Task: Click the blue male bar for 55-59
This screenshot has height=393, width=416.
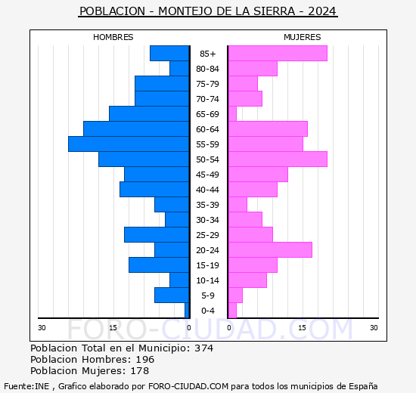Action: (129, 144)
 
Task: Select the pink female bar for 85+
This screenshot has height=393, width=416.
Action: (278, 54)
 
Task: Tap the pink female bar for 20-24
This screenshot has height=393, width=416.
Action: (270, 250)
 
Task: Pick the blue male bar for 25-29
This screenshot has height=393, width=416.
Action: (157, 235)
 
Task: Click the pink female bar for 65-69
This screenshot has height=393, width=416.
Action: (232, 114)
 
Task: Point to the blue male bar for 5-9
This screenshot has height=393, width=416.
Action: (172, 296)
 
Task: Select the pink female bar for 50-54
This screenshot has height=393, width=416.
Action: (278, 159)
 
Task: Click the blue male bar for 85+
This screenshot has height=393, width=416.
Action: (169, 54)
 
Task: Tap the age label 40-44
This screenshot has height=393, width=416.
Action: (208, 190)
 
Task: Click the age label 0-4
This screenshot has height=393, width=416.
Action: (208, 311)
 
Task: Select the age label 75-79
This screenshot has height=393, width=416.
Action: (208, 84)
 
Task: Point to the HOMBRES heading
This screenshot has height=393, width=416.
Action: (113, 37)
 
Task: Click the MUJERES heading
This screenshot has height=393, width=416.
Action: (303, 37)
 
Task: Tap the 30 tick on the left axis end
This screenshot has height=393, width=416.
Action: (42, 327)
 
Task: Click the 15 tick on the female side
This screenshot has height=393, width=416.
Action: (302, 327)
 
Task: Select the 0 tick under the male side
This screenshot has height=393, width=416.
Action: (189, 327)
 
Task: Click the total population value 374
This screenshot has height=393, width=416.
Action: (203, 348)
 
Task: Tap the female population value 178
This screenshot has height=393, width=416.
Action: (138, 371)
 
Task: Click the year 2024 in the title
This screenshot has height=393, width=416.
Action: (321, 12)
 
